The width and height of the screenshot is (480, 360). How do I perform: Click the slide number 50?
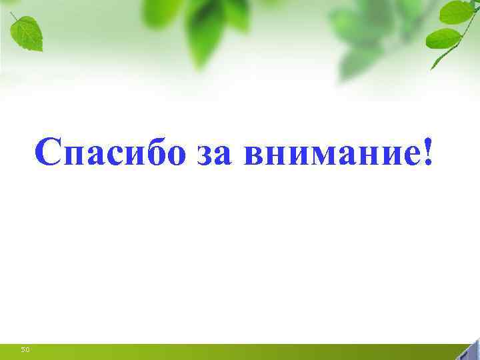[x=25, y=349]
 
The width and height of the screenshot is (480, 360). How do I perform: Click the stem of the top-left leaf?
[x=13, y=15]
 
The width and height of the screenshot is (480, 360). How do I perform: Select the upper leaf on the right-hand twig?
[x=456, y=12]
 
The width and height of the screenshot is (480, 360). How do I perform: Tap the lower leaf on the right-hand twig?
[x=443, y=38]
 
